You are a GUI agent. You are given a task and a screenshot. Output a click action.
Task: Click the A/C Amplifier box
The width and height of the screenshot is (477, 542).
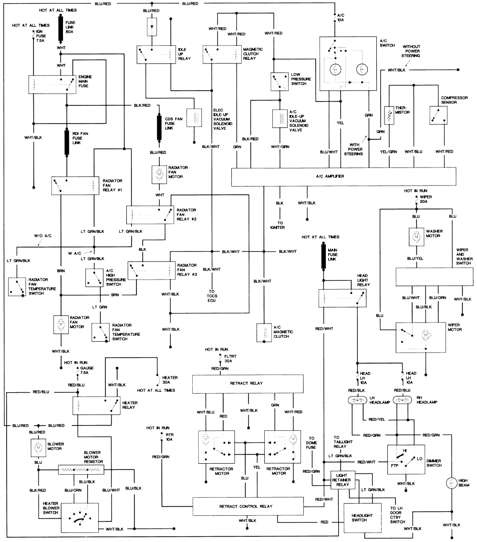click(x=343, y=177)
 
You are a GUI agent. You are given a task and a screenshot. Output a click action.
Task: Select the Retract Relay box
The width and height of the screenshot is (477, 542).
click(x=248, y=384)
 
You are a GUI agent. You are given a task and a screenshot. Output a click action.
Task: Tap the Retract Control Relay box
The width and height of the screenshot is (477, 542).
click(x=248, y=506)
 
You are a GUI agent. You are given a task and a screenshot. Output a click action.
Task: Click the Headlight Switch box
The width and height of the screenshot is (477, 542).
click(x=362, y=518)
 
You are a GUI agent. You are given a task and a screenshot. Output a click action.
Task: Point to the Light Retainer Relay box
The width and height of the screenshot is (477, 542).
click(x=341, y=480)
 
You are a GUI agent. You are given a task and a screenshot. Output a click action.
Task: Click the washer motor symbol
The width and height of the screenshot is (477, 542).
click(x=416, y=237)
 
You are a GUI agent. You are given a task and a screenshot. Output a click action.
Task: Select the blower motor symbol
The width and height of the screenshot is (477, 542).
click(x=38, y=448)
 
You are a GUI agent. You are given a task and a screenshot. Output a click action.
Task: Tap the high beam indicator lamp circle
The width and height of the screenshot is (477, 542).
click(x=451, y=483)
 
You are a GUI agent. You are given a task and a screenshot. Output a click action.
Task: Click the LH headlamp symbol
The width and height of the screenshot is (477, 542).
click(x=357, y=401)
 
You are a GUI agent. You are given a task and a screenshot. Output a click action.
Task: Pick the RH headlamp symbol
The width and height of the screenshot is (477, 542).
click(x=403, y=401)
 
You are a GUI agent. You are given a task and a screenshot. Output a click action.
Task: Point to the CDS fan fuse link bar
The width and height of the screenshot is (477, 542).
click(x=159, y=127)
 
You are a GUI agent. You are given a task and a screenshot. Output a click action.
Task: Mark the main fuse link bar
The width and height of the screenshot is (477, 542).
click(x=323, y=256)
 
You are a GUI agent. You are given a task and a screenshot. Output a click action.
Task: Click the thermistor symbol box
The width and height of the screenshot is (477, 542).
click(x=389, y=115)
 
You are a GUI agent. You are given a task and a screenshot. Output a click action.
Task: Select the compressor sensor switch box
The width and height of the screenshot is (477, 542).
click(x=439, y=115)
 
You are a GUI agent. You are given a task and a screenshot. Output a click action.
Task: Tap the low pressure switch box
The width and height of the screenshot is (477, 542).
click(x=280, y=82)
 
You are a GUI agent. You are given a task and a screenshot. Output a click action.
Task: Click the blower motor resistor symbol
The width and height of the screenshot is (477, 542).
click(x=81, y=470)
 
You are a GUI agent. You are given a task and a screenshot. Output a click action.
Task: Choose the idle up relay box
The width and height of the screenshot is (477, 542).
click(x=156, y=54)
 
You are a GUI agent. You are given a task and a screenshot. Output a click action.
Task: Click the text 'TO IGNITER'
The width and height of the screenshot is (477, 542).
click(x=278, y=225)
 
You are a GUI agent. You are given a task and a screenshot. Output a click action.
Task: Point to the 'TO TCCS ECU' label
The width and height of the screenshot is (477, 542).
click(x=212, y=296)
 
